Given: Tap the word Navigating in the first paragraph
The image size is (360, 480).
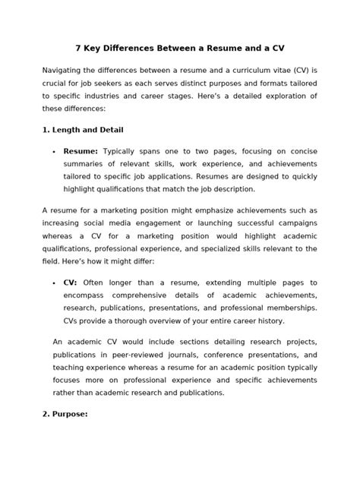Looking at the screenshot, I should click(x=68, y=70).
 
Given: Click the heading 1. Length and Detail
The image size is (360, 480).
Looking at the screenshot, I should click(x=83, y=130).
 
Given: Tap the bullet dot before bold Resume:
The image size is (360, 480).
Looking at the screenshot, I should click(x=54, y=152).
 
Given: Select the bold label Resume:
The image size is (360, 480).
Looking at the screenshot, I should click(x=80, y=151).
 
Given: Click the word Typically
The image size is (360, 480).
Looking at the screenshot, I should click(x=122, y=151).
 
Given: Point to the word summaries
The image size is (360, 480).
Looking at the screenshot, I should click(x=84, y=165).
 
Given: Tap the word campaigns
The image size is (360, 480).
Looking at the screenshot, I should click(x=295, y=223).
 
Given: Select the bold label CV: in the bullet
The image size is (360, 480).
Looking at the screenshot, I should click(x=71, y=282).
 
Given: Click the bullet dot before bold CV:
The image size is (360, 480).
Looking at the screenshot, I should click(x=54, y=283).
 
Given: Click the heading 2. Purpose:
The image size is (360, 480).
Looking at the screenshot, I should click(x=65, y=415).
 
